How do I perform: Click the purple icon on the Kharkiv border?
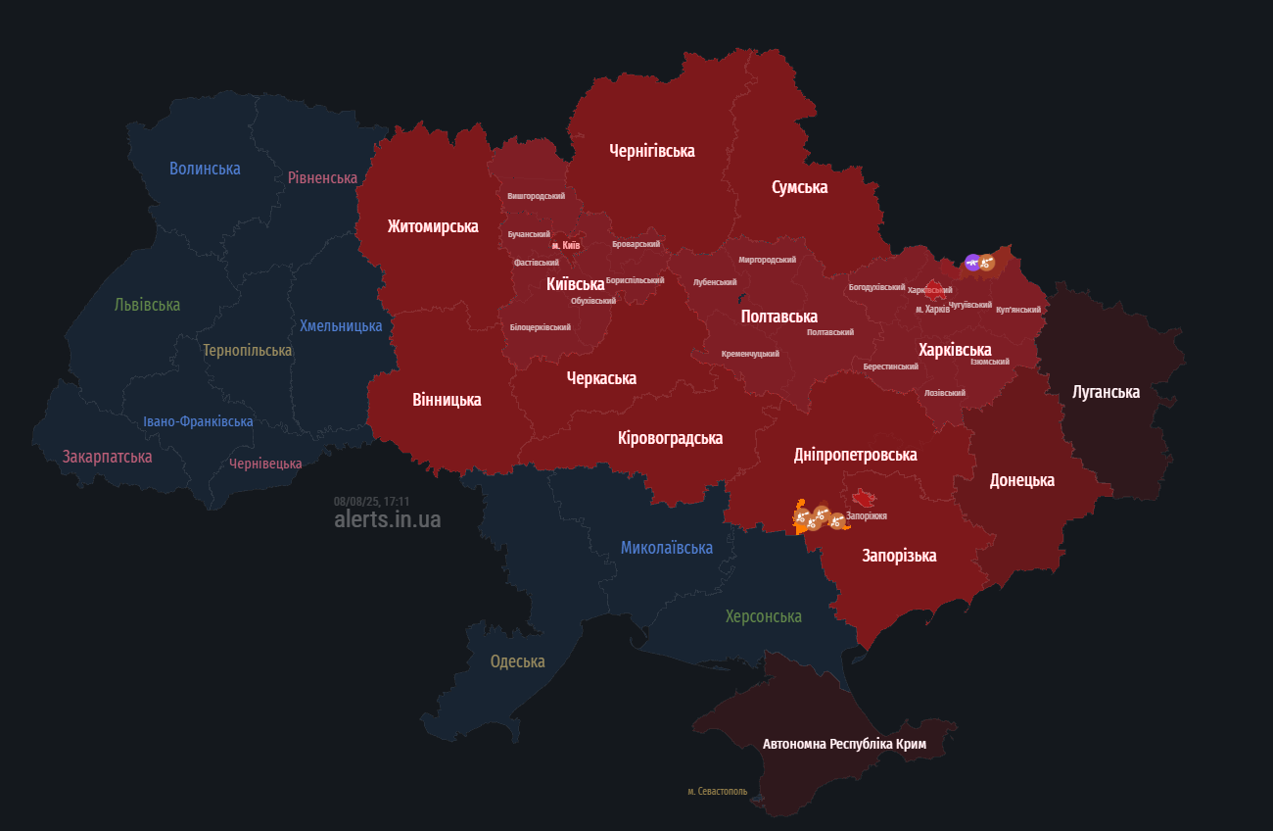pyautogui.click(x=971, y=262)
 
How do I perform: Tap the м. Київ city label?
pyautogui.click(x=565, y=245)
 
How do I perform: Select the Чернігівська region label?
pyautogui.click(x=651, y=151)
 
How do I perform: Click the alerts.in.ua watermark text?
pyautogui.click(x=387, y=519)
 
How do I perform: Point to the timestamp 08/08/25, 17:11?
pyautogui.click(x=371, y=501)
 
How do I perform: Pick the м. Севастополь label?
pyautogui.click(x=717, y=791)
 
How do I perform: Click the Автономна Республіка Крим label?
pyautogui.click(x=844, y=744)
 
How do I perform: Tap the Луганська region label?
pyautogui.click(x=1106, y=392)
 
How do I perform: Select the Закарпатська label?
pyautogui.click(x=107, y=457)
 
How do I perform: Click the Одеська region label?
pyautogui.click(x=517, y=661)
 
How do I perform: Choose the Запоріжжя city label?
pyautogui.click(x=867, y=515)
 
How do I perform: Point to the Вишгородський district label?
pyautogui.click(x=536, y=196)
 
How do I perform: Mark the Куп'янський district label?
pyautogui.click(x=1018, y=310)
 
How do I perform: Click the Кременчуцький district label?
pyautogui.click(x=750, y=354)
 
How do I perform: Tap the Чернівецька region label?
pyautogui.click(x=265, y=464)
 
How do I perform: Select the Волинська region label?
pyautogui.click(x=205, y=169)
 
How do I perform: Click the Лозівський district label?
pyautogui.click(x=944, y=393)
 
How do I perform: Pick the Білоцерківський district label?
pyautogui.click(x=540, y=327)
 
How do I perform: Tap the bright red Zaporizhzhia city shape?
pyautogui.click(x=863, y=497)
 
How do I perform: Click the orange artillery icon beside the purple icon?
pyautogui.click(x=987, y=263)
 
